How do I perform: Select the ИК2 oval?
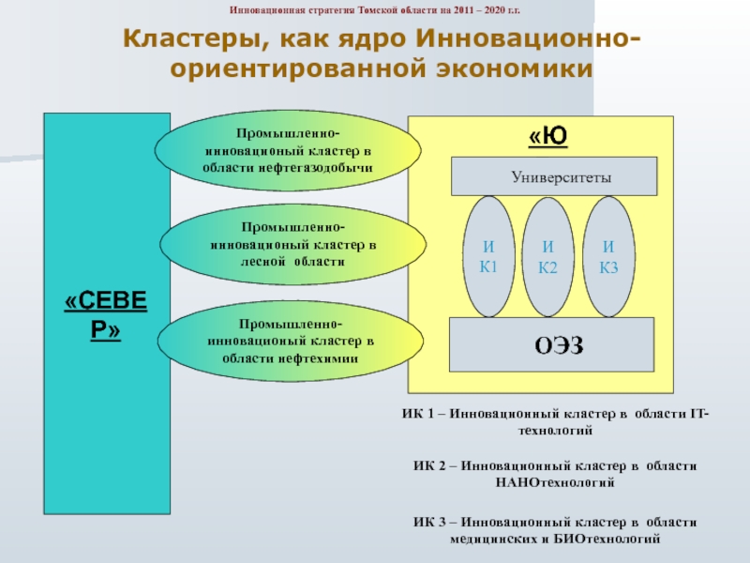[x=547, y=256]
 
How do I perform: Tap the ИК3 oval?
[x=609, y=256]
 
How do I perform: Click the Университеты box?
[x=554, y=176]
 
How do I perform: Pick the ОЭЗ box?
[x=553, y=345]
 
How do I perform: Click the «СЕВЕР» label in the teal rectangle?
[x=106, y=315]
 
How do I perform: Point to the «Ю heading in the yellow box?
[x=548, y=137]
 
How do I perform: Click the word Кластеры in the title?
[x=183, y=41]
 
